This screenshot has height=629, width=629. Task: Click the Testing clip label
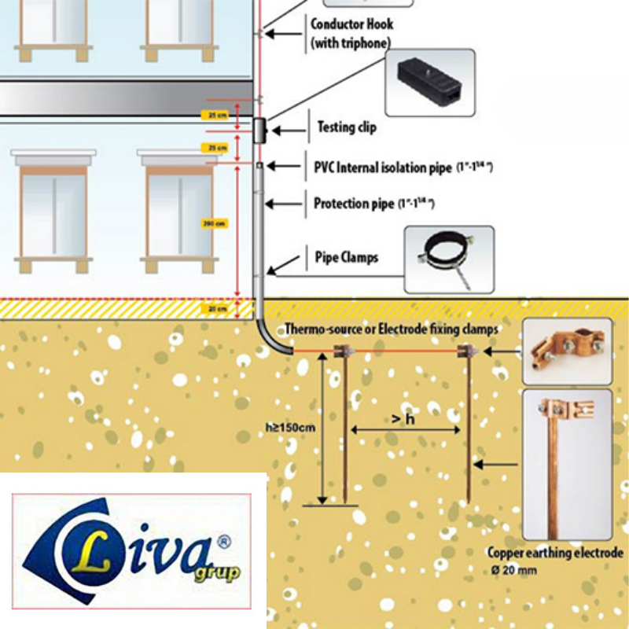(x=347, y=127)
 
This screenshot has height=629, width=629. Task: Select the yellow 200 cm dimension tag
(x=214, y=223)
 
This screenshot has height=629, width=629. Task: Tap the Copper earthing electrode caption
(x=555, y=553)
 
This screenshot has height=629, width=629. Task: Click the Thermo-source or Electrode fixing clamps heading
(x=391, y=329)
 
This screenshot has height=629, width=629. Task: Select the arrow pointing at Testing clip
(x=288, y=127)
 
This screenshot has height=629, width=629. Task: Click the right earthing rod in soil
(x=469, y=425)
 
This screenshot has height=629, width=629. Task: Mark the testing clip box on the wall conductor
(x=259, y=130)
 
